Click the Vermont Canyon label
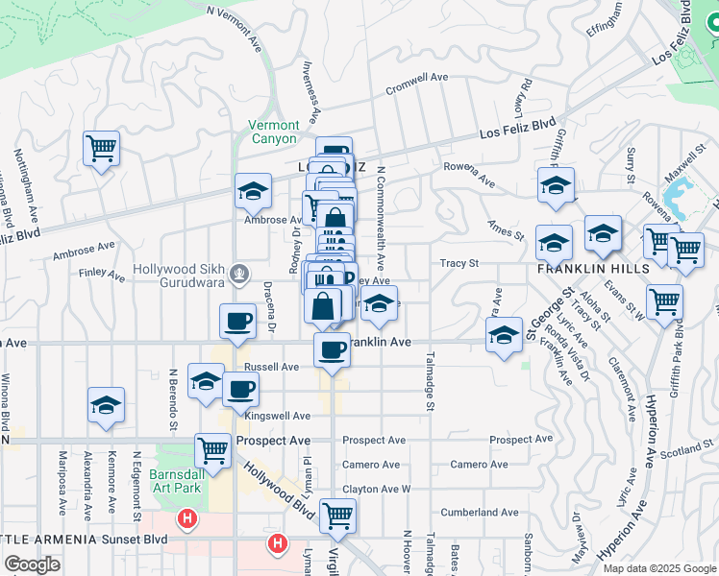(x=273, y=132)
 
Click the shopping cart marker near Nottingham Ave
(x=101, y=149)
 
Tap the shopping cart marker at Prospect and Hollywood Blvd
(x=211, y=449)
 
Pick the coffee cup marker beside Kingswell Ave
(x=240, y=389)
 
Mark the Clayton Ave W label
(x=377, y=489)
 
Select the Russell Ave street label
(x=271, y=367)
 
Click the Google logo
(x=32, y=564)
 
